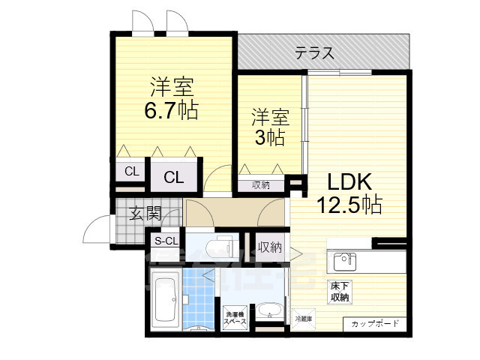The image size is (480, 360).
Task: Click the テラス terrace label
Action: pos(313,53)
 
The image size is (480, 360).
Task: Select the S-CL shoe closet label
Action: pos(166,241)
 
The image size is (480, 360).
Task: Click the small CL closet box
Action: pos(131,172)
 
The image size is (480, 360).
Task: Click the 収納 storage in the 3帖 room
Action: pos(261,185)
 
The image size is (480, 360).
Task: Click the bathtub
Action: pos(164,300)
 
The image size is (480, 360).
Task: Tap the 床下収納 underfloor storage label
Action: pos(339,292)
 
